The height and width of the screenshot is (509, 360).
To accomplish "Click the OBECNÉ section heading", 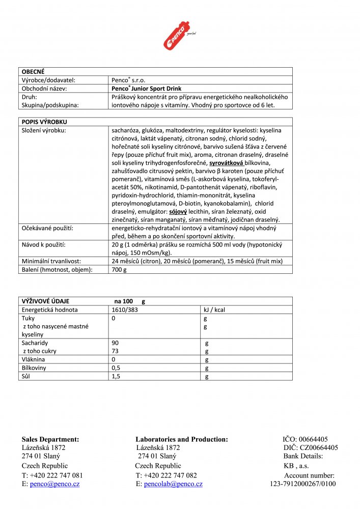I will (33, 72).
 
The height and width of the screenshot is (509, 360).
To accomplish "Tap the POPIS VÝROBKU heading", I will (44, 122).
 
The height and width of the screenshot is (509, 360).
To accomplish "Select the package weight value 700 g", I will (119, 269).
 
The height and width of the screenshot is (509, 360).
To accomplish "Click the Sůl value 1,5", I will (117, 376).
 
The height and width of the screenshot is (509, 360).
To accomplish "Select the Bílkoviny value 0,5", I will (117, 368).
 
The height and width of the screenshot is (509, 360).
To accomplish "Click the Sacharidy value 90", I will (115, 343).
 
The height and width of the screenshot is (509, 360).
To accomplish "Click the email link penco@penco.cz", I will (54, 484).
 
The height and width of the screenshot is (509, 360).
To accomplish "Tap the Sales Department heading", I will (50, 439).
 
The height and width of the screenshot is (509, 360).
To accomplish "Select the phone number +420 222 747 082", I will (170, 475).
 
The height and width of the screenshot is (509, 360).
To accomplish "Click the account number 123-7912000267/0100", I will (302, 484).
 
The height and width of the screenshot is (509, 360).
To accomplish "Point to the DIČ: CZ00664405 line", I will (311, 448).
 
